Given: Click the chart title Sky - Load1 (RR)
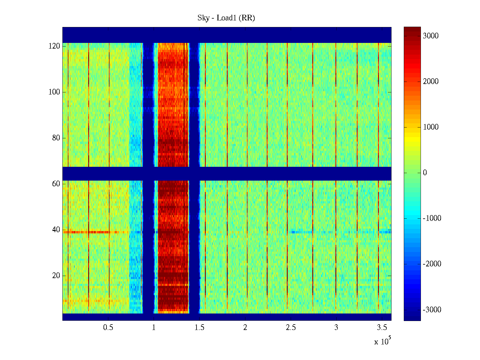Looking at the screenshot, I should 226,18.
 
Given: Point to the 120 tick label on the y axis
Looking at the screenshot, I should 54,46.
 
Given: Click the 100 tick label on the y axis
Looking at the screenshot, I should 54,92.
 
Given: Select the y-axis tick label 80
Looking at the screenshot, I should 56,138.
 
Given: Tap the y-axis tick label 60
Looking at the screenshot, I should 56,184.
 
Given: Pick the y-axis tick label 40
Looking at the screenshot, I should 56,230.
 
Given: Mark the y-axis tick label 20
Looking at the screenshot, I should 56,276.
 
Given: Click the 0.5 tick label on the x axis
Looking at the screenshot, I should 108,328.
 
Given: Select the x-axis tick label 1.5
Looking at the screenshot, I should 199,328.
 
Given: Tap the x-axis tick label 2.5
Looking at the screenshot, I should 291,328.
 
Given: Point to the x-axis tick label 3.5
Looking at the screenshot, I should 382,328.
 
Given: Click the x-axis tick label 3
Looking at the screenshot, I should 336,328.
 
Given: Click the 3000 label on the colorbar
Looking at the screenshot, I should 431,36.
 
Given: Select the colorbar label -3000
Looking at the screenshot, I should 432,310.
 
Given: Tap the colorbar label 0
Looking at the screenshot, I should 425,173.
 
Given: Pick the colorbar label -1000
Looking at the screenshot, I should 432,218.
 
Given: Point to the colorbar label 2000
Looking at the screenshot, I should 431,82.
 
